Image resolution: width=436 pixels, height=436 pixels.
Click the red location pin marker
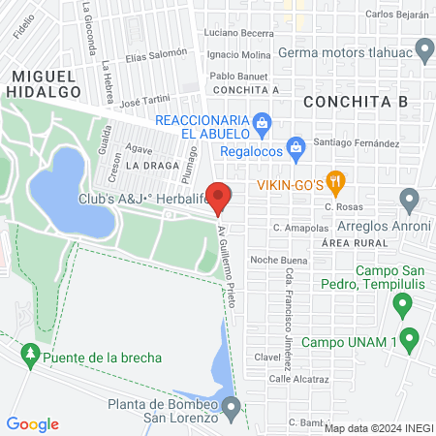tap(219, 197)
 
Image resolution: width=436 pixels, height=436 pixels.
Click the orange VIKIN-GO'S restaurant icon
tap(335, 180)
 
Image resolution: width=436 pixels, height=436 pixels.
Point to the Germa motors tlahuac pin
tap(423, 47)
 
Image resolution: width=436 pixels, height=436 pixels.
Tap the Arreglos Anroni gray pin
tap(409, 202)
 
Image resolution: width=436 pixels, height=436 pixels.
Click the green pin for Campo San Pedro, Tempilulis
tap(401, 306)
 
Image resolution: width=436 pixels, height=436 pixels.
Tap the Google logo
tap(33, 423)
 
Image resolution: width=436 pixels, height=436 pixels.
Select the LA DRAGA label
tap(145, 166)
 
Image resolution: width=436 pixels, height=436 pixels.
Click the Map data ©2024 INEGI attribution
tap(378, 427)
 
